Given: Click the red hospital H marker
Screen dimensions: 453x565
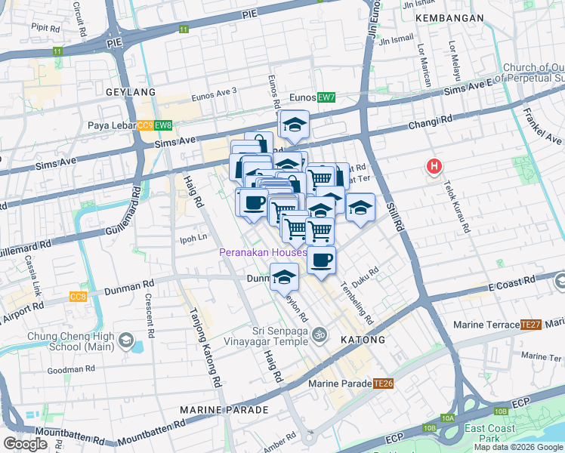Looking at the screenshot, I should (x=434, y=166).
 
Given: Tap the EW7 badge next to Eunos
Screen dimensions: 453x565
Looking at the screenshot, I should (x=326, y=97).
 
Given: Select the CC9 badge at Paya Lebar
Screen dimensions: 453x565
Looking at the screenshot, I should (x=146, y=125).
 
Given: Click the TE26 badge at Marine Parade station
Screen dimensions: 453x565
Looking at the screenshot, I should (x=384, y=384).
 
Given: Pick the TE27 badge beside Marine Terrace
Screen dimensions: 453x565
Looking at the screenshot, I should (x=530, y=325).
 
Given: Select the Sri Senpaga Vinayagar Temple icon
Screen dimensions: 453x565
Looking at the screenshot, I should (x=320, y=333).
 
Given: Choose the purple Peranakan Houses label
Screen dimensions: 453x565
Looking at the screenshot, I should (x=263, y=252).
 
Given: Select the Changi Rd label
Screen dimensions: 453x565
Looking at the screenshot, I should (x=430, y=119).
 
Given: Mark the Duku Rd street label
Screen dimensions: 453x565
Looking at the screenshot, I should (x=370, y=272).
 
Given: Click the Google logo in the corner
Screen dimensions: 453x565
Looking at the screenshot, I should (x=26, y=444).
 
